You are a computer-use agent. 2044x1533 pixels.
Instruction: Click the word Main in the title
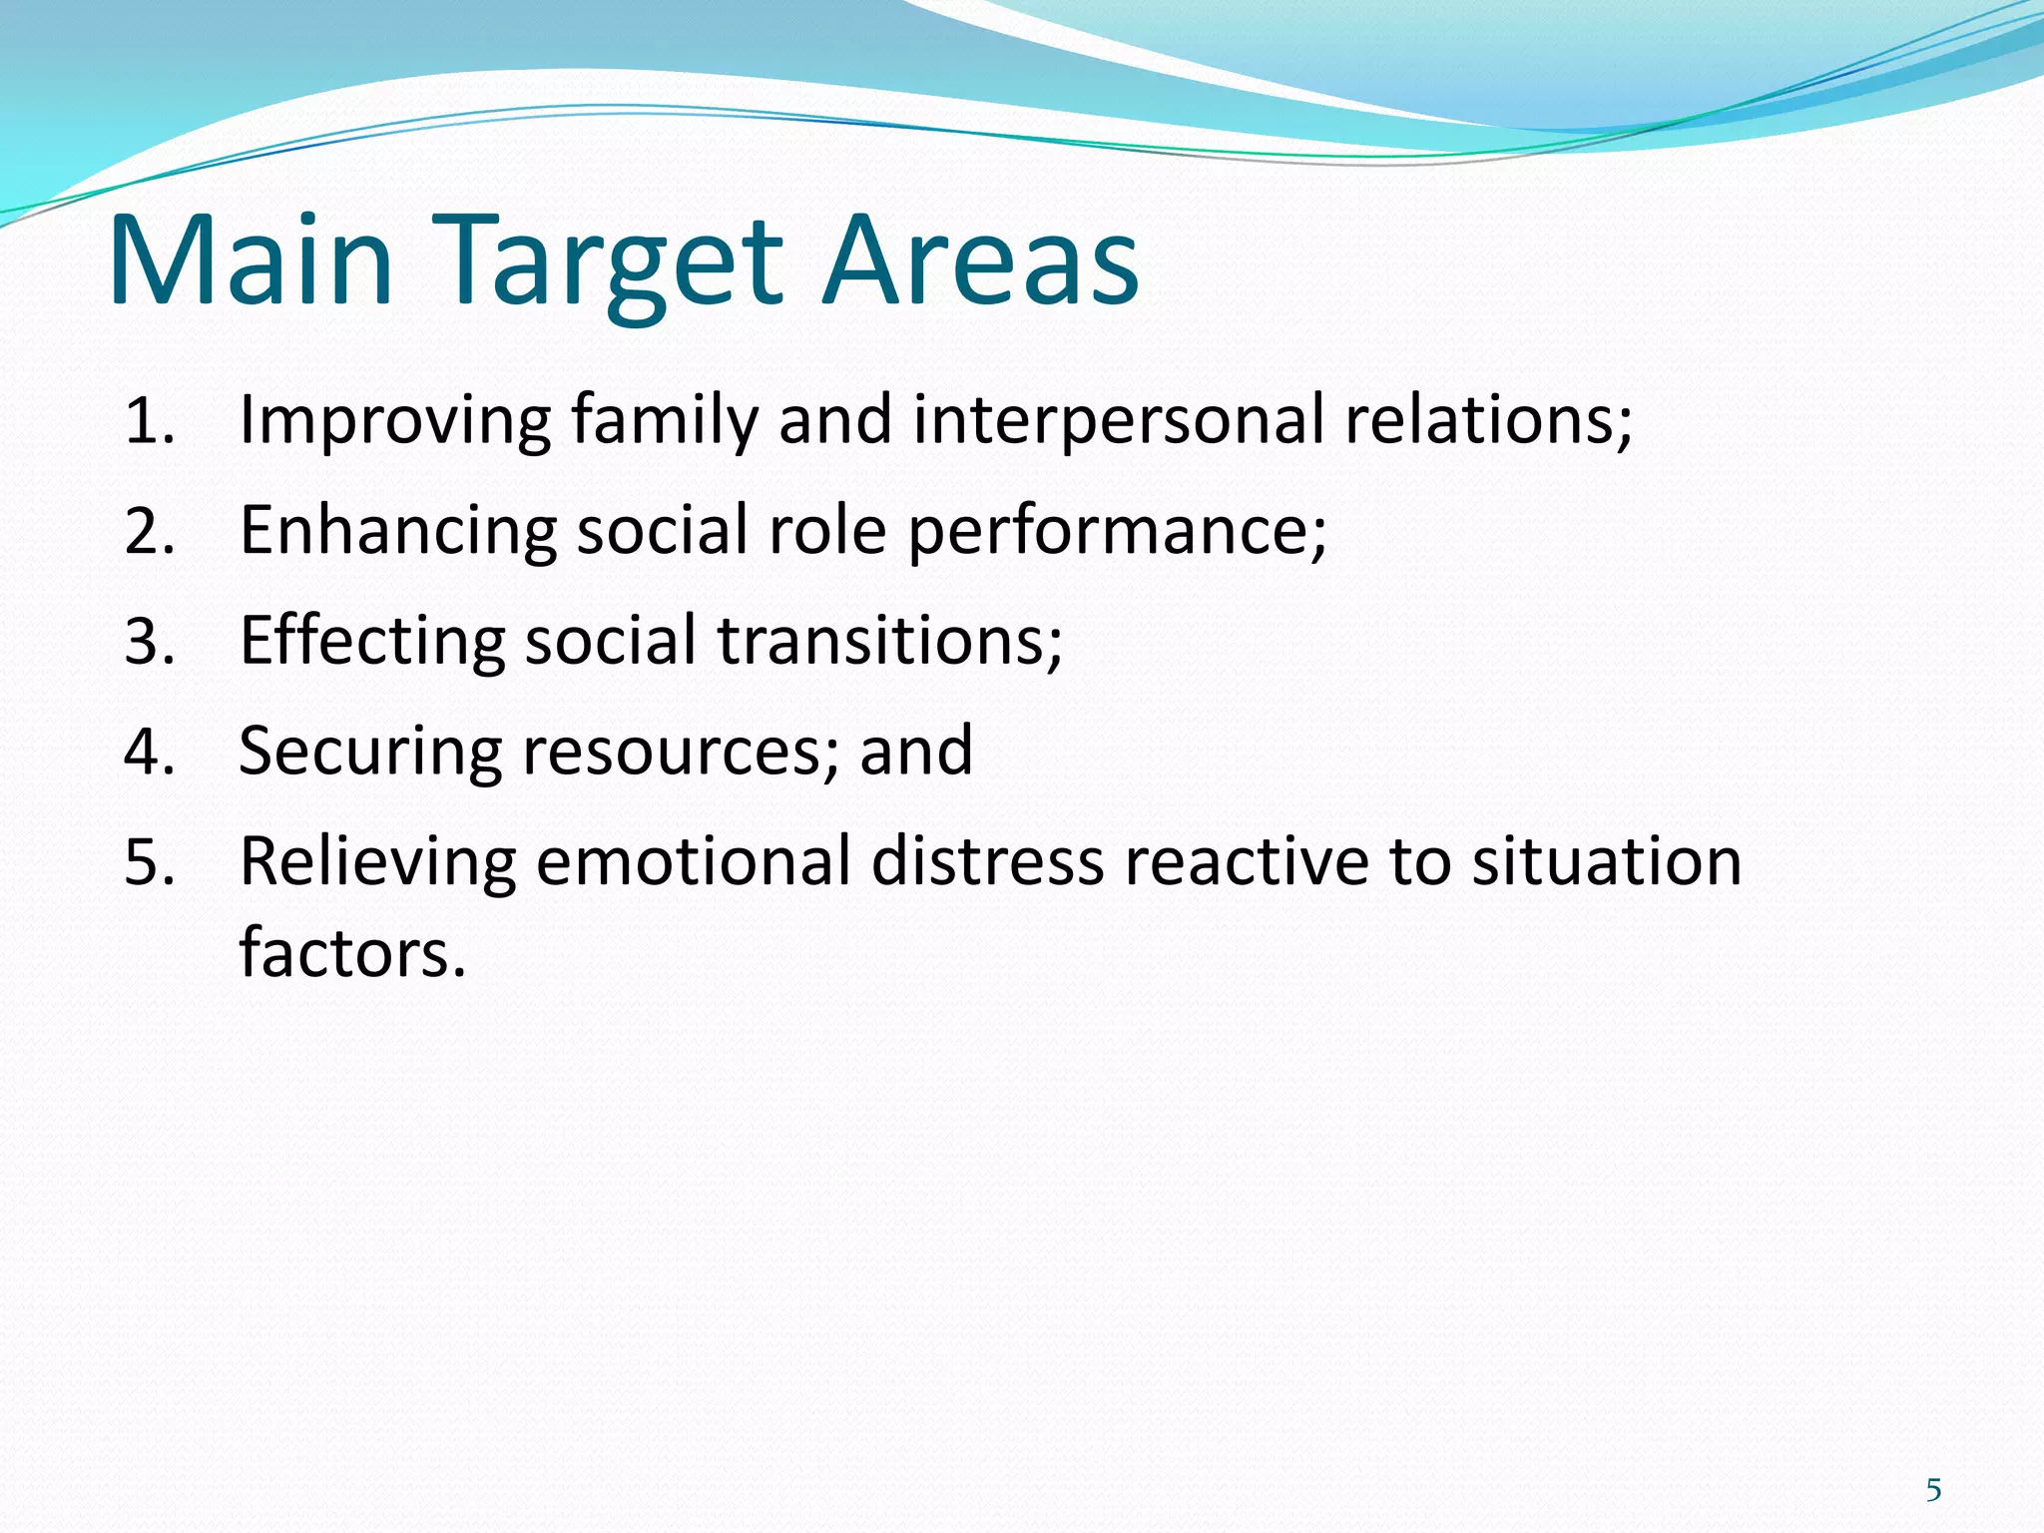point(251,261)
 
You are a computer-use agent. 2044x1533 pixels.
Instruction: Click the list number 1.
point(150,422)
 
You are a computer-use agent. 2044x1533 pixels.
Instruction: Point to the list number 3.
point(150,642)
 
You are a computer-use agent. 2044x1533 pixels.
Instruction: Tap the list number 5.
point(150,862)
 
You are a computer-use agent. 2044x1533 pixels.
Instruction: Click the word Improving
point(394,422)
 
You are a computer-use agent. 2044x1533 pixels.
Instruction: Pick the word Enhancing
point(398,532)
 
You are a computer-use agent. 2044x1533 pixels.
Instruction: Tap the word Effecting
point(372,642)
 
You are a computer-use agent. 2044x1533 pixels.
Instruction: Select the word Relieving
point(377,862)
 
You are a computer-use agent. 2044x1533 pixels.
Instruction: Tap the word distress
point(987,862)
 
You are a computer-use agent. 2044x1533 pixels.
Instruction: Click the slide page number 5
point(1933,1491)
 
